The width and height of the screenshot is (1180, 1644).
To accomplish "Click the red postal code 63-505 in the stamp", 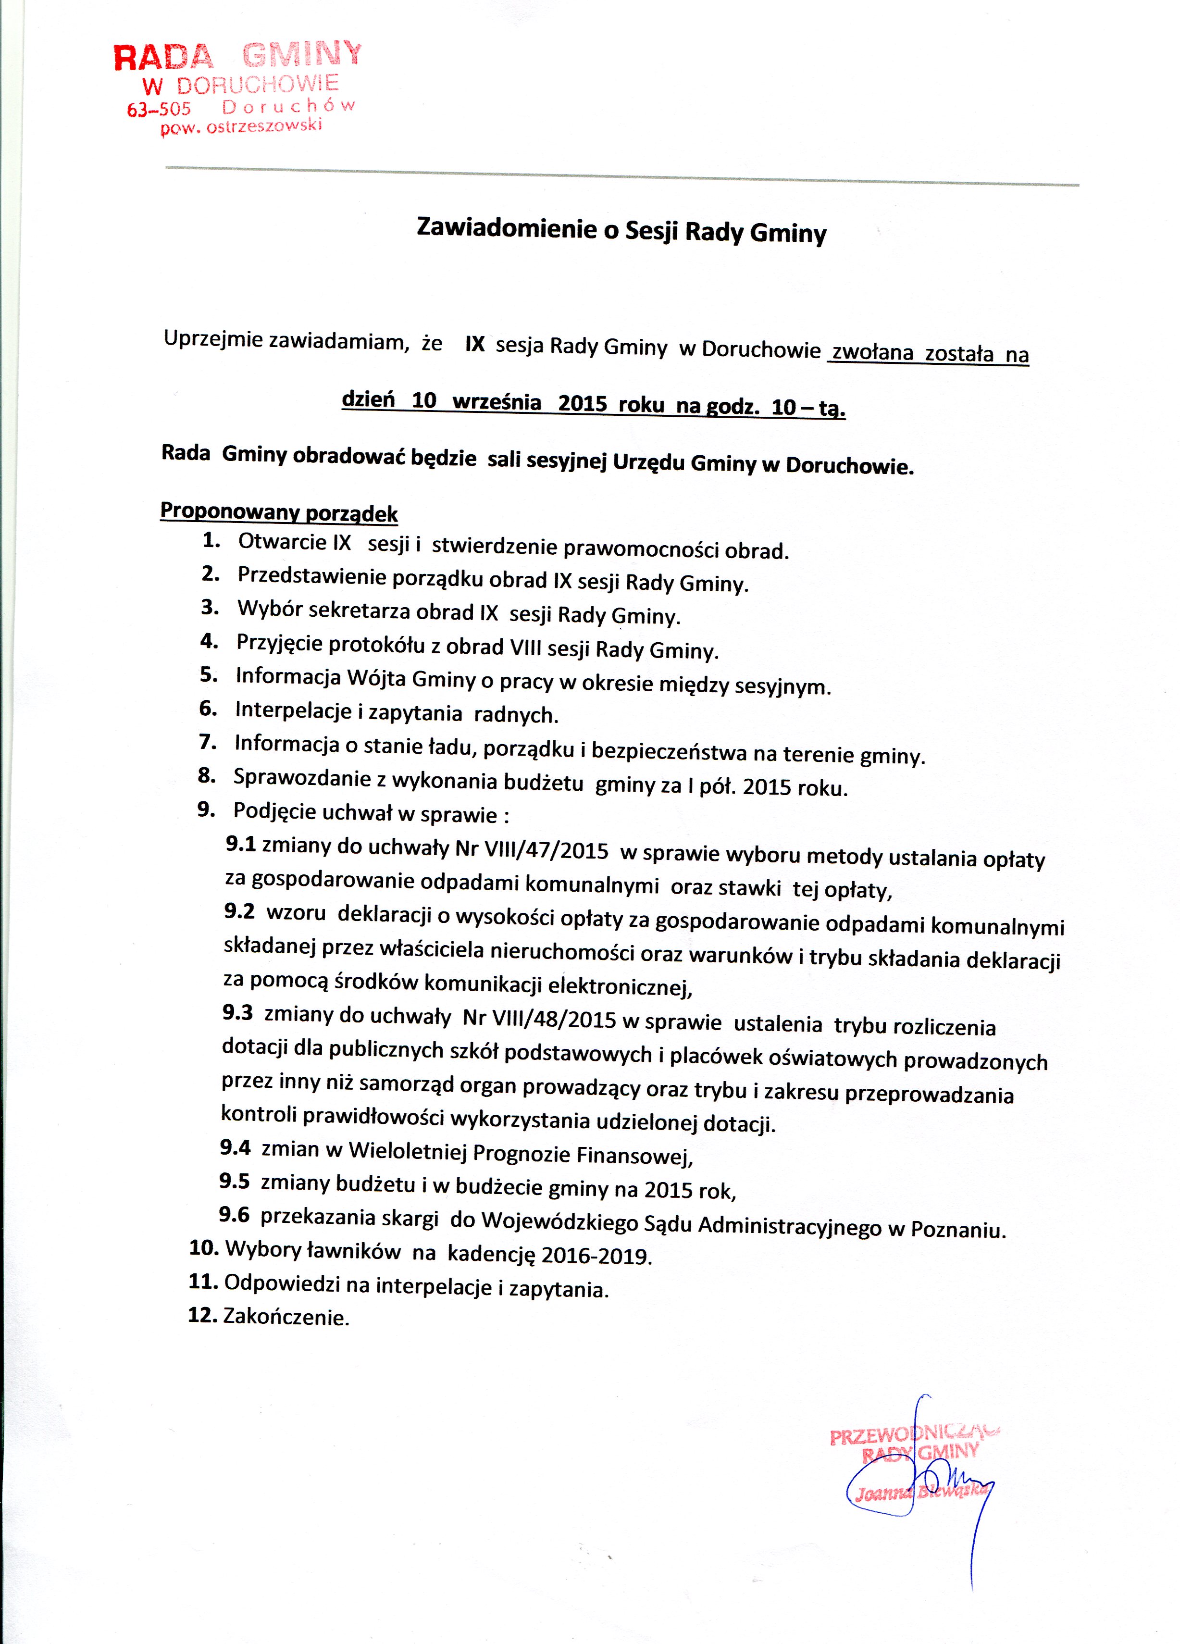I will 159,110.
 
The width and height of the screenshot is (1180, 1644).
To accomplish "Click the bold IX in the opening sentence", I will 475,344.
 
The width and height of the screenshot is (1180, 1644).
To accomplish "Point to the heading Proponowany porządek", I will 279,512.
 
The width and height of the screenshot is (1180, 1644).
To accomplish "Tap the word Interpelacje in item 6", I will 294,711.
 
